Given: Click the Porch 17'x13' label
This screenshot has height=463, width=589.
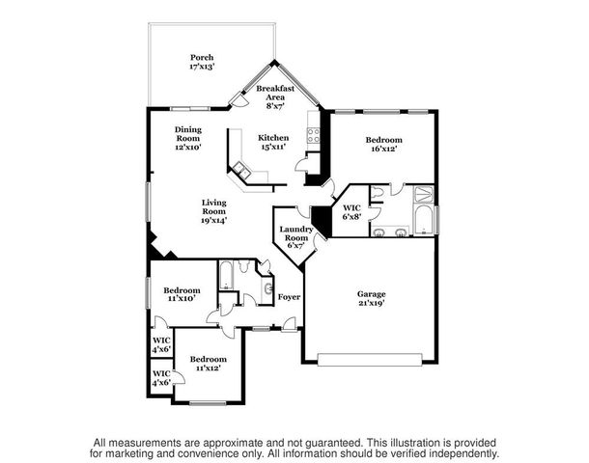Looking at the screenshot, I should (202, 63).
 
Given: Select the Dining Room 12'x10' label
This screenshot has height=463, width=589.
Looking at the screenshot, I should (187, 138).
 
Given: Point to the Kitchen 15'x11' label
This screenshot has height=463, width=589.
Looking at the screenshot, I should (273, 144).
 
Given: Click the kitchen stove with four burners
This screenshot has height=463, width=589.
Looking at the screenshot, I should (314, 135).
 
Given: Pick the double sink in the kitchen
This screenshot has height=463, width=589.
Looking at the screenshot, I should (240, 173).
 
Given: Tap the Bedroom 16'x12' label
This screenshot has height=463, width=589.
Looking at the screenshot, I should (383, 145).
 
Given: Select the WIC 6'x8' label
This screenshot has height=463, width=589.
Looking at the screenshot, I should (351, 211).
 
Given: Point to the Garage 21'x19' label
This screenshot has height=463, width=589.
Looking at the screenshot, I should (372, 298).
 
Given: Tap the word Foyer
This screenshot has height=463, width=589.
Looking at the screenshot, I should (289, 297).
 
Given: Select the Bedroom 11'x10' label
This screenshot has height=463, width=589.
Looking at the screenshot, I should (182, 295).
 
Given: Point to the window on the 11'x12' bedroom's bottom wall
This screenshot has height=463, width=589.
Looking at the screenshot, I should (207, 402).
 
